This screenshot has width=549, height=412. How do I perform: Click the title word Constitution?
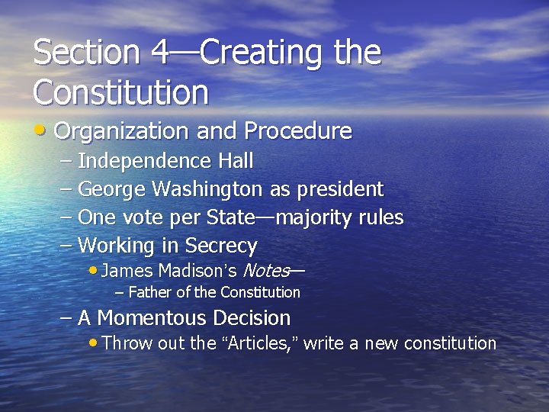(x=120, y=92)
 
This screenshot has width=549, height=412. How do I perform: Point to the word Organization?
(x=123, y=132)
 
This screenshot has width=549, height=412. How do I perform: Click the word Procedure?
(x=298, y=131)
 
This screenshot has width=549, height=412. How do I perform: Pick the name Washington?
(x=207, y=189)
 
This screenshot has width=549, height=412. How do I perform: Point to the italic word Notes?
(x=265, y=270)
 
